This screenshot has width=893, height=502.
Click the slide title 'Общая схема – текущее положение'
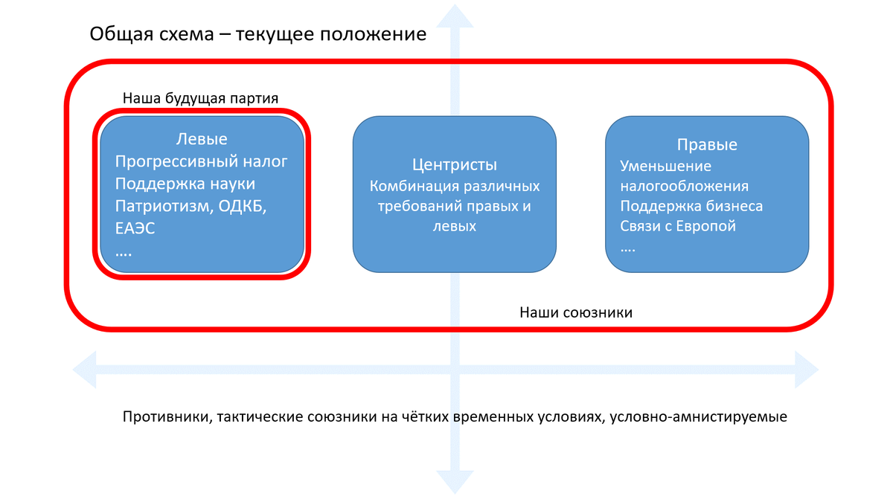tap(258, 34)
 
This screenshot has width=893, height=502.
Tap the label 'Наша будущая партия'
tap(200, 98)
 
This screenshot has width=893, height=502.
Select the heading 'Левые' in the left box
tap(202, 139)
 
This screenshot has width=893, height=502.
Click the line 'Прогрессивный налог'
tap(201, 162)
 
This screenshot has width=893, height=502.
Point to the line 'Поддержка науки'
tap(185, 184)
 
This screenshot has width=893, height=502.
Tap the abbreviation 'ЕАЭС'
tap(135, 229)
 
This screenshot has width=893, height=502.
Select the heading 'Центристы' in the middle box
tap(455, 165)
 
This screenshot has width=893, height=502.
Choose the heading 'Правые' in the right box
tap(707, 144)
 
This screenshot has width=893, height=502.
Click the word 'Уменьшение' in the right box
tap(665, 166)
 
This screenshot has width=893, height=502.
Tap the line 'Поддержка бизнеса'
tap(691, 206)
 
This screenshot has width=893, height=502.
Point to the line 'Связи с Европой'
tap(678, 226)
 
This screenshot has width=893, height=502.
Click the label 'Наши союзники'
tap(576, 312)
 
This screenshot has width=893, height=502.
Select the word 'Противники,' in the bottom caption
tap(167, 416)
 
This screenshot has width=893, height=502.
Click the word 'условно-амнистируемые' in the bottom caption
tap(699, 416)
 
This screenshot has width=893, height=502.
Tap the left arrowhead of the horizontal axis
tap(85, 370)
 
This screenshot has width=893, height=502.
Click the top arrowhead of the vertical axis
tap(455, 16)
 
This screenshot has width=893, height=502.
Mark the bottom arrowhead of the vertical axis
tap(455, 482)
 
